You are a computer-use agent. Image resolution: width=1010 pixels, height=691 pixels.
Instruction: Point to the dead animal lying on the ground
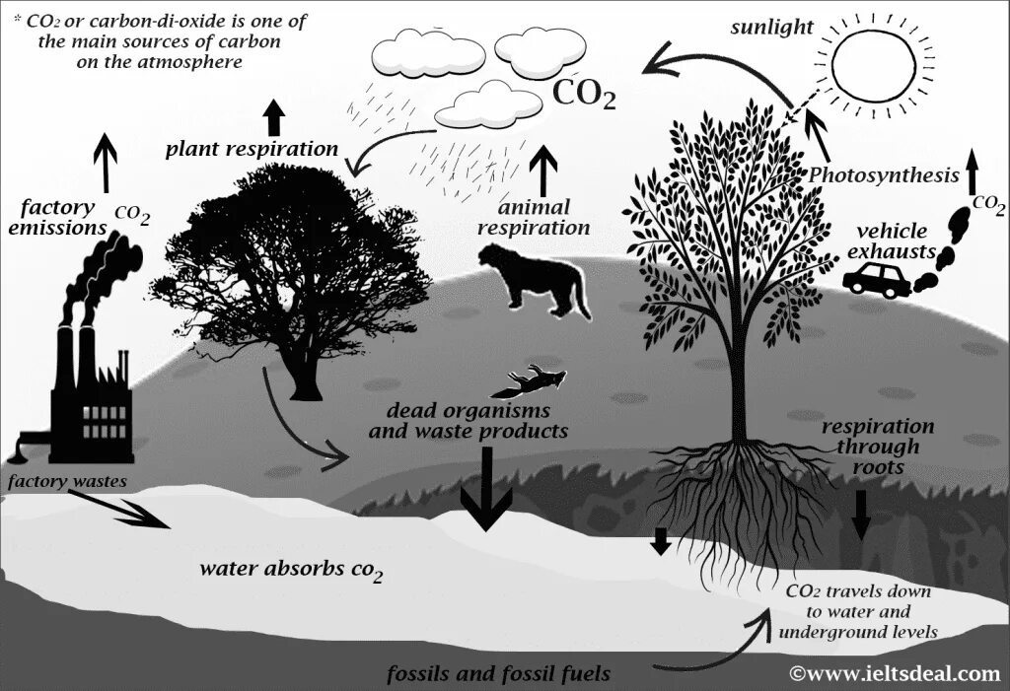[538, 380]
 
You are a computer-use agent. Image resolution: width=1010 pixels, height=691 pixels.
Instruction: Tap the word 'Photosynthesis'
[883, 175]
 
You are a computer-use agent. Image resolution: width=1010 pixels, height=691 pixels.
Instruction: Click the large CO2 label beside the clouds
[584, 95]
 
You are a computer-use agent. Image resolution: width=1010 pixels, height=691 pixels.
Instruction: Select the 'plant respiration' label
[252, 149]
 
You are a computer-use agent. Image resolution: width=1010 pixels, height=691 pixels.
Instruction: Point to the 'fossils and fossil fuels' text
[498, 674]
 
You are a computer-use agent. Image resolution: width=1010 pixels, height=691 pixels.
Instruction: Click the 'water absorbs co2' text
[291, 570]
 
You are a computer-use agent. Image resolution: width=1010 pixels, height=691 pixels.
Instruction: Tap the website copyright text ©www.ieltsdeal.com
[895, 674]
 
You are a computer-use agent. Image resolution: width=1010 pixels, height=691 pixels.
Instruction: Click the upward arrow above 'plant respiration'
[274, 117]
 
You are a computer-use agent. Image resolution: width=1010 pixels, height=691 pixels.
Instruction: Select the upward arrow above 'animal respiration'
[542, 171]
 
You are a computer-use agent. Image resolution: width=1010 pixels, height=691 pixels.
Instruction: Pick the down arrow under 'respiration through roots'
[861, 514]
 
